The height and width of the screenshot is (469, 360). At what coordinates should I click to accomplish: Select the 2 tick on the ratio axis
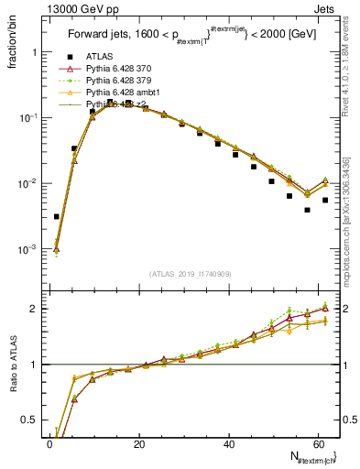click(36, 309)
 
